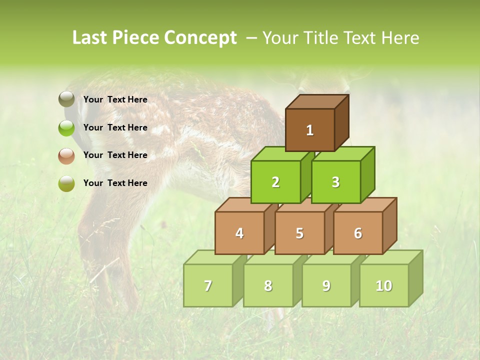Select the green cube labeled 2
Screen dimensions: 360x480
pyautogui.click(x=275, y=182)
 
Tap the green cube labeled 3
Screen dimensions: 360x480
pyautogui.click(x=335, y=182)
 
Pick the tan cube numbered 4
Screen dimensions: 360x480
pyautogui.click(x=239, y=233)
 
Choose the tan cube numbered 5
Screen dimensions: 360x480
pyautogui.click(x=299, y=233)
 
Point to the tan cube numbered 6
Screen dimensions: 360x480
pyautogui.click(x=358, y=233)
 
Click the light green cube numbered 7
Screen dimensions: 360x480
pyautogui.click(x=208, y=285)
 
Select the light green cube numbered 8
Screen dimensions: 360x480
pyautogui.click(x=268, y=285)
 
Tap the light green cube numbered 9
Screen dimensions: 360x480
pyautogui.click(x=326, y=285)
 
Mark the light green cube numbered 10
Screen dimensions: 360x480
pyautogui.click(x=384, y=285)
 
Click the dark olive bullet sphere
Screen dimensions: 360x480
pyautogui.click(x=66, y=99)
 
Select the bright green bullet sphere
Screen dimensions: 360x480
pyautogui.click(x=66, y=127)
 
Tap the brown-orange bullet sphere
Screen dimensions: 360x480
pyautogui.click(x=66, y=155)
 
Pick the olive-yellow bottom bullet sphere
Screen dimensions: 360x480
pyautogui.click(x=66, y=183)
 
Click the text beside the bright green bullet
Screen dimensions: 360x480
pyautogui.click(x=115, y=127)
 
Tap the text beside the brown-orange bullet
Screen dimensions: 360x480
pyautogui.click(x=115, y=155)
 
